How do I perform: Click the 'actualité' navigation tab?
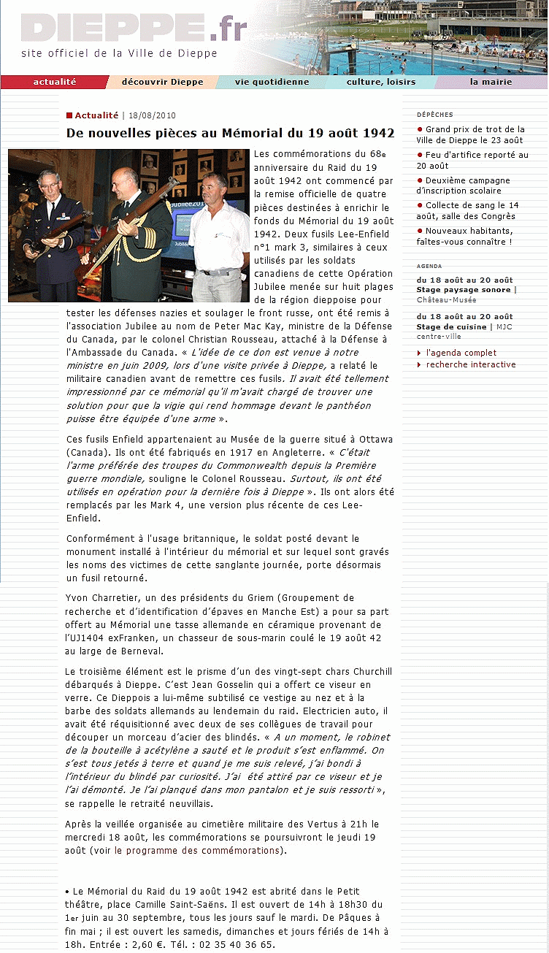(x=55, y=82)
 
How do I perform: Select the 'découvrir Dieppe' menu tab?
(x=162, y=82)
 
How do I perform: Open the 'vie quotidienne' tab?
(x=272, y=82)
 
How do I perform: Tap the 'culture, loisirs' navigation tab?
(x=380, y=82)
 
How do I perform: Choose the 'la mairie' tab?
(x=491, y=82)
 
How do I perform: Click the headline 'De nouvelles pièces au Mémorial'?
(x=230, y=133)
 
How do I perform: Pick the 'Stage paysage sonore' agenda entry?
(x=464, y=290)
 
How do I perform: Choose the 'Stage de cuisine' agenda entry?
(x=451, y=326)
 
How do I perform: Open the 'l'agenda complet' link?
(x=461, y=353)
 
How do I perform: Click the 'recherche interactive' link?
(x=471, y=364)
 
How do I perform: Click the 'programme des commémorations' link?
(x=197, y=850)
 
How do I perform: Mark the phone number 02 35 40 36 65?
(x=237, y=944)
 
